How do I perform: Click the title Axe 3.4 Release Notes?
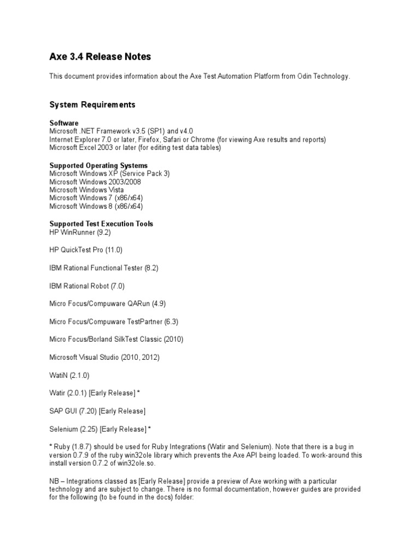[100, 57]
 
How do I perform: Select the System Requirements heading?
[92, 104]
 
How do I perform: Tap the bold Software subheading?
[64, 123]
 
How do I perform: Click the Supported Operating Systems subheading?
[98, 165]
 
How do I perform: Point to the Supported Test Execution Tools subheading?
[101, 224]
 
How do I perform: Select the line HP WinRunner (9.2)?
[79, 232]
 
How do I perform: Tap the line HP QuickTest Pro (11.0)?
[86, 250]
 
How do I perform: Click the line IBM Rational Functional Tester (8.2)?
[104, 268]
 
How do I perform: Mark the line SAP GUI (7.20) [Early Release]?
[97, 411]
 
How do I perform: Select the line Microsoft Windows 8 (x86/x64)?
[96, 206]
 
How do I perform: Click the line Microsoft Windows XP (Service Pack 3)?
[109, 173]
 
